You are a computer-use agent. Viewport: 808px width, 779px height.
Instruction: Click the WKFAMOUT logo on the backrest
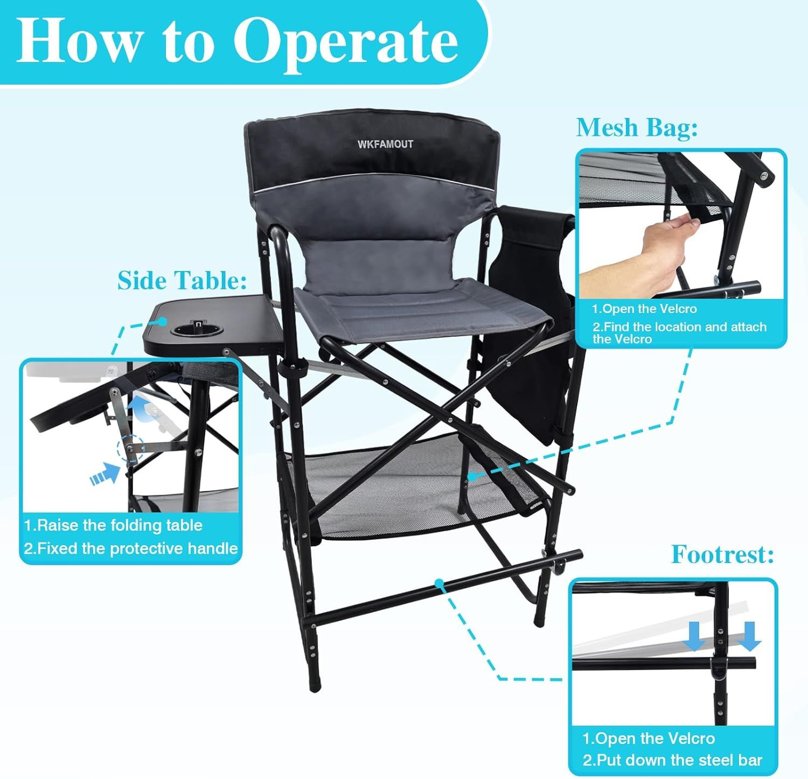[x=385, y=144]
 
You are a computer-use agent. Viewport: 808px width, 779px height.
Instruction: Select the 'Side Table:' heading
[x=182, y=281]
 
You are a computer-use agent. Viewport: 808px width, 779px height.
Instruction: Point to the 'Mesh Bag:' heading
[x=637, y=128]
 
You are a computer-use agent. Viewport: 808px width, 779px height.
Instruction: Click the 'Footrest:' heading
[x=722, y=554]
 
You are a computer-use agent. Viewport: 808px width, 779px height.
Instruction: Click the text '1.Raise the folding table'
[x=114, y=525]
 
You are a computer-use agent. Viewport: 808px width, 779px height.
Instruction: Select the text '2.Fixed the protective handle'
[x=131, y=548]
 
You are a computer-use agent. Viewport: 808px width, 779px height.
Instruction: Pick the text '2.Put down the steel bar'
[x=672, y=760]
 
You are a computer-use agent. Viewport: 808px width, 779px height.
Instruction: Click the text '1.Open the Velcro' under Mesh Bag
[x=644, y=309]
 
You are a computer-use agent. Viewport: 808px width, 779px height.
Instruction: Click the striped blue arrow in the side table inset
[x=105, y=474]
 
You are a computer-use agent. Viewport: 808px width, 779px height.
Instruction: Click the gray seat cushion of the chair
[x=423, y=315]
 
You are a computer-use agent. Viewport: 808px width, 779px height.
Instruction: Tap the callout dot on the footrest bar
[x=440, y=583]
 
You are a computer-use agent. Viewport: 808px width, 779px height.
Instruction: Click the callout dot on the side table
[x=162, y=322]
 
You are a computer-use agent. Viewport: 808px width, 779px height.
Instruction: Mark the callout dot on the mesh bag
[x=472, y=476]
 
